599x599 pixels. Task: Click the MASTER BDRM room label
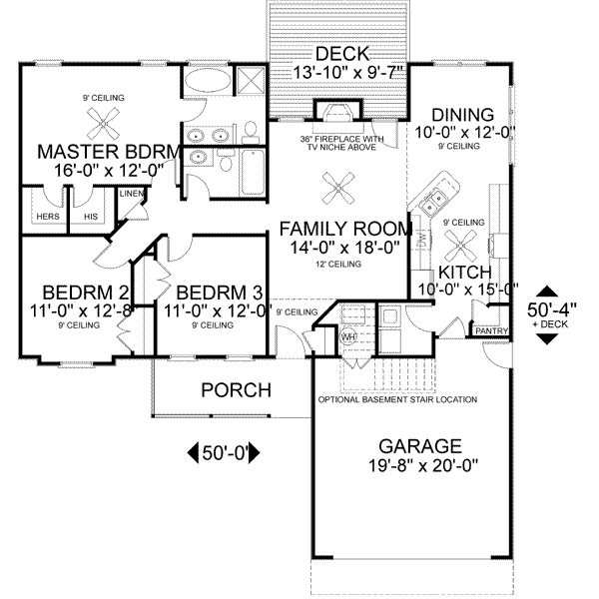click(108, 152)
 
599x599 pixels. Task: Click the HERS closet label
click(47, 217)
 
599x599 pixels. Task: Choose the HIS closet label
click(91, 217)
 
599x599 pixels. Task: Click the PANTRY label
click(490, 330)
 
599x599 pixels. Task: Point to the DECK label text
click(340, 54)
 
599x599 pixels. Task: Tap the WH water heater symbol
click(349, 337)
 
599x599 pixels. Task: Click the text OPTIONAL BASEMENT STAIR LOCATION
click(397, 399)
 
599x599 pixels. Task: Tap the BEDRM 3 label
click(220, 292)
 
